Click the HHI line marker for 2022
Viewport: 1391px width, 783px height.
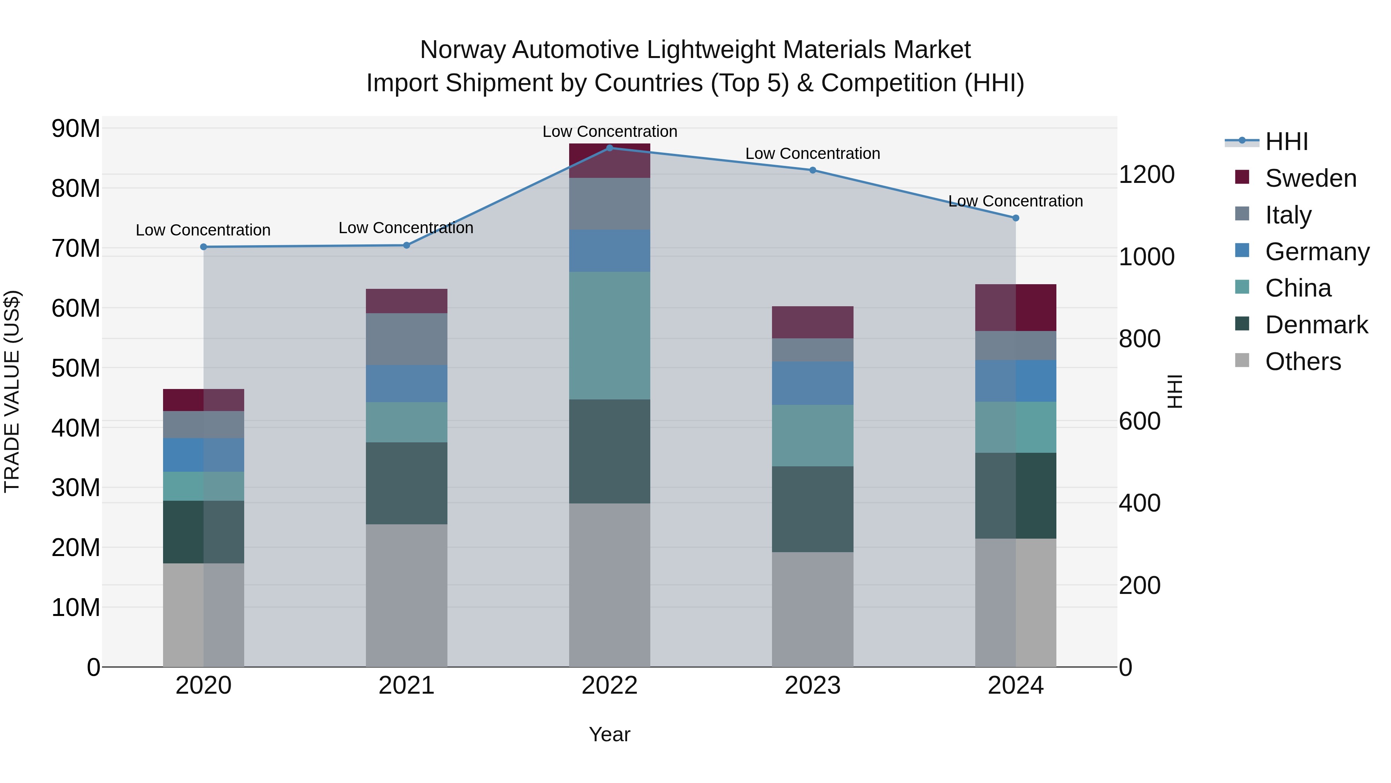[x=610, y=148]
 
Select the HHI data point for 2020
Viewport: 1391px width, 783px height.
[x=204, y=247]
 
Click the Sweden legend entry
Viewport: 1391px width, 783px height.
[x=1311, y=178]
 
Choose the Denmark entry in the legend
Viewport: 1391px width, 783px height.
[x=1316, y=325]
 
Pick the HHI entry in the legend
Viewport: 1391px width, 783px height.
[x=1286, y=142]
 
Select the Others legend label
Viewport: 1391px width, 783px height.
[x=1303, y=362]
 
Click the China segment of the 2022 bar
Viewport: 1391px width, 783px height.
[x=610, y=336]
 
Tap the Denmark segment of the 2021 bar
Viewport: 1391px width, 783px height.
[x=406, y=483]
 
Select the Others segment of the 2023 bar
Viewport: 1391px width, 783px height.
[x=813, y=609]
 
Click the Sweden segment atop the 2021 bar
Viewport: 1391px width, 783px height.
[x=406, y=301]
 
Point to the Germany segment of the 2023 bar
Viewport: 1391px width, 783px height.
[x=813, y=383]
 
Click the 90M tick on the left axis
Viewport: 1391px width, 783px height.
[x=76, y=129]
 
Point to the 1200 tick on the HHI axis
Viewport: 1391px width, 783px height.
[x=1146, y=174]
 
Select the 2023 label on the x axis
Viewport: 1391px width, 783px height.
[x=813, y=686]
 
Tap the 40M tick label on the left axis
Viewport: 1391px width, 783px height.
[x=76, y=428]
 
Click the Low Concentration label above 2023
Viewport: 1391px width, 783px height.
[x=813, y=154]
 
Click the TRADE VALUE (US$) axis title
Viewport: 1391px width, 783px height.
[x=12, y=391]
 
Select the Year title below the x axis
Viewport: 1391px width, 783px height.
[x=610, y=734]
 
